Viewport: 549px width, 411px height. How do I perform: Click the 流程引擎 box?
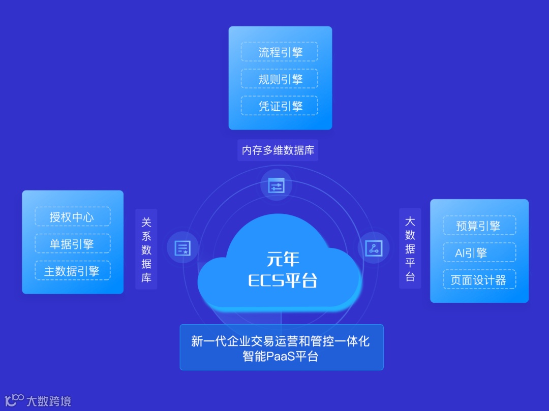[x=280, y=52]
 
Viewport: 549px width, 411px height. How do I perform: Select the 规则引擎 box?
[x=280, y=79]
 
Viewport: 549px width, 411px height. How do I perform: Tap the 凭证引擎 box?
[x=280, y=106]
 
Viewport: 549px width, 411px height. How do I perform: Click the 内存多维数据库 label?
[x=278, y=150]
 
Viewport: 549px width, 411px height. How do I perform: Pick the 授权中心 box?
[x=72, y=216]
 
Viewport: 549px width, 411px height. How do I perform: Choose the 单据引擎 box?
[x=72, y=243]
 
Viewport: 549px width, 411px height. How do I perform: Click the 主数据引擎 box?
[x=72, y=270]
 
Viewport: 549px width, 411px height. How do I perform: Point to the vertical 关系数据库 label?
[x=146, y=249]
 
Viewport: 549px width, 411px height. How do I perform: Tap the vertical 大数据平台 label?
[x=410, y=249]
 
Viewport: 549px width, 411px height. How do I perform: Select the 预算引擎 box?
[x=479, y=226]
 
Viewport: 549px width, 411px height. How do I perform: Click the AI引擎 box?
[x=479, y=252]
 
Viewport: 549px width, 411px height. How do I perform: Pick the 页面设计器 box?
[x=479, y=279]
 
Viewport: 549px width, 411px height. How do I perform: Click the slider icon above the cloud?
[x=277, y=185]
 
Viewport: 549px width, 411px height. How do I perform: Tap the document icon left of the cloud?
[x=182, y=248]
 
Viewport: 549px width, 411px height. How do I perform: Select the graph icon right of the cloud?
[x=374, y=248]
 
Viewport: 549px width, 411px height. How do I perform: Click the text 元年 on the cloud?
[x=283, y=259]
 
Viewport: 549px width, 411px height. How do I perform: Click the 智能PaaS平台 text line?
[x=281, y=356]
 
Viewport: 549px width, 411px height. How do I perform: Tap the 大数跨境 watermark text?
[x=49, y=401]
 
